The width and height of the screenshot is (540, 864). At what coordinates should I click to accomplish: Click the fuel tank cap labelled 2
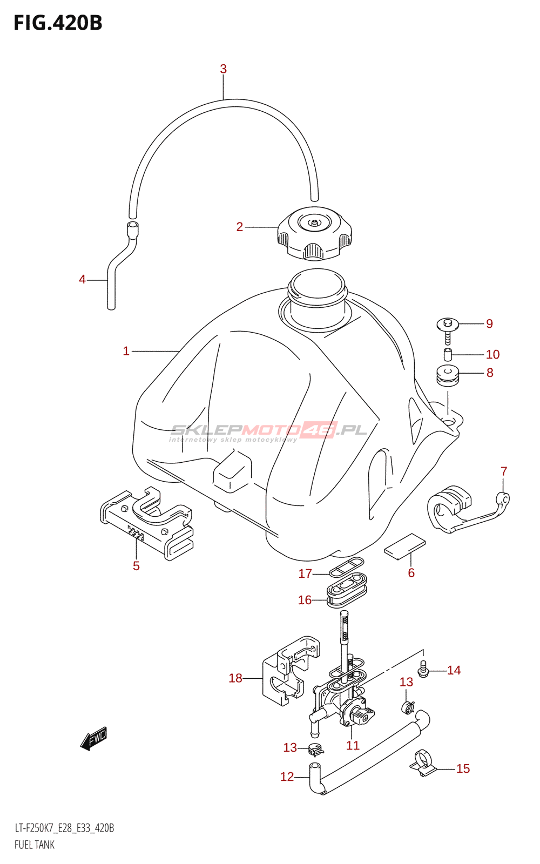click(x=314, y=234)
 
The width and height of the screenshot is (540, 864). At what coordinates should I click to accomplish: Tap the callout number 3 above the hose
click(x=223, y=69)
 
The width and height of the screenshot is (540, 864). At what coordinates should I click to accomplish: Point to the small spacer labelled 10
click(x=448, y=355)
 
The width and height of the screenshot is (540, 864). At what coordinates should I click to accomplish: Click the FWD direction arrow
click(x=94, y=738)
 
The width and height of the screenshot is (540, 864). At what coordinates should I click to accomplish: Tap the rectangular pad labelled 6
click(x=405, y=544)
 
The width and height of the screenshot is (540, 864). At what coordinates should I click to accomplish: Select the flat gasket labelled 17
click(x=346, y=568)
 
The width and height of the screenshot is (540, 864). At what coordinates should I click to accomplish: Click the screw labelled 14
click(x=423, y=670)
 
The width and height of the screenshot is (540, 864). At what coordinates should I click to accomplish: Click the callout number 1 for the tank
click(x=126, y=352)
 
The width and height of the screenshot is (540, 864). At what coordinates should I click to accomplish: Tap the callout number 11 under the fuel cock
click(x=353, y=746)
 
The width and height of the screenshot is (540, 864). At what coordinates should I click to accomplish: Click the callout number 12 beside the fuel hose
click(x=287, y=777)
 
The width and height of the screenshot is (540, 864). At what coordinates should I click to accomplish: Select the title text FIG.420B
click(x=58, y=23)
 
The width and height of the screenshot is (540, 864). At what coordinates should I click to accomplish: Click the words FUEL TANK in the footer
click(x=35, y=845)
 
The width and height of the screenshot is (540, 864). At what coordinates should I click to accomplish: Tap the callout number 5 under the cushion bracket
click(x=136, y=566)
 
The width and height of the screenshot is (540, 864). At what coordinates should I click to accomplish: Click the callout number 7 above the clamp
click(x=504, y=471)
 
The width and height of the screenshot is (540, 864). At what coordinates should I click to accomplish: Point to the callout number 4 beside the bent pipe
click(x=82, y=280)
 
